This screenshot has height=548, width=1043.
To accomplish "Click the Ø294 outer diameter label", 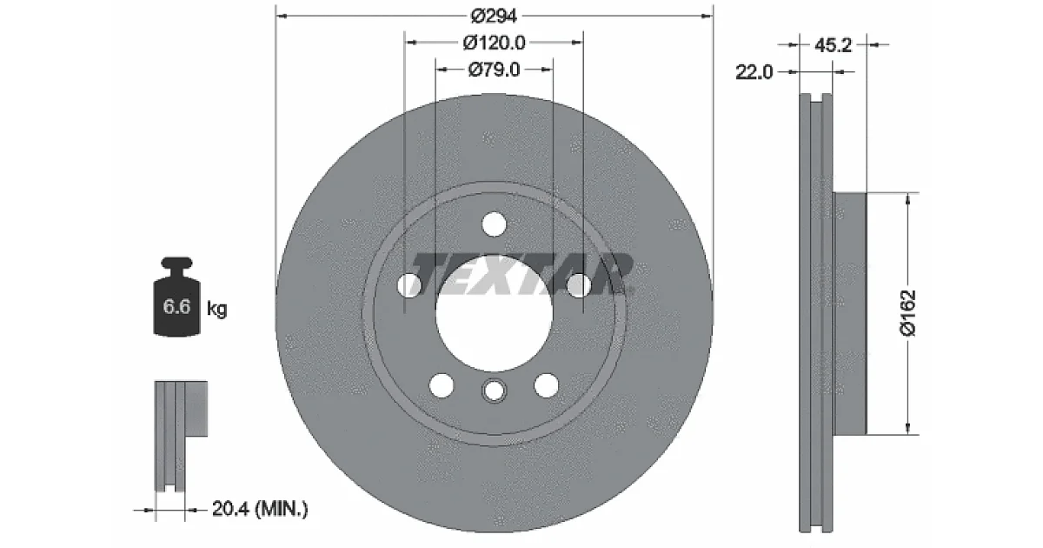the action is point(494,17).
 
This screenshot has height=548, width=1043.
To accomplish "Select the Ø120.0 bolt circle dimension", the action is point(494,43).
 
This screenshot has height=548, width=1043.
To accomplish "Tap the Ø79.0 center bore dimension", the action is point(494,70).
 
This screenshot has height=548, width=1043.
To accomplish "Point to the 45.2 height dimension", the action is point(833,45).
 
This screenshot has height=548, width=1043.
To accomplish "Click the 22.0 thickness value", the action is point(754,72).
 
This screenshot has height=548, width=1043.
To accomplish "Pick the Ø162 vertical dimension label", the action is point(908,312).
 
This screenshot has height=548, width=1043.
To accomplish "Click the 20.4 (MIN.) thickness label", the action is point(260,509).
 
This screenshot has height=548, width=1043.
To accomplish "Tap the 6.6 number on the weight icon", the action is point(176,306).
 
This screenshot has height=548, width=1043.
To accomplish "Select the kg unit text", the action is point(217,309).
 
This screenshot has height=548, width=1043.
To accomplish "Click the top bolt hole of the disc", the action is point(494,224).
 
